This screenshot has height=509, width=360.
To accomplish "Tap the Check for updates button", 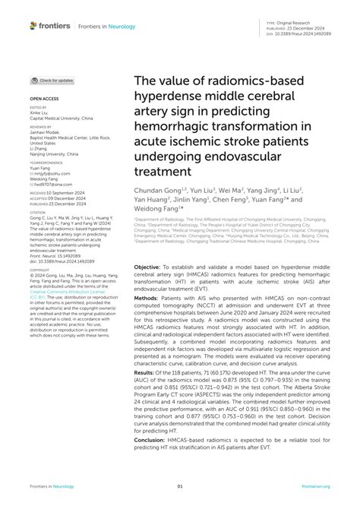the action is (52, 80).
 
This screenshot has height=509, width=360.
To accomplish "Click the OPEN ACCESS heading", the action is (44, 99).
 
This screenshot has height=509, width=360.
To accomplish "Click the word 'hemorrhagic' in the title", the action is (176, 128).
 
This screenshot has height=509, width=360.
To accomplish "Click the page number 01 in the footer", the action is (180, 486).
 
